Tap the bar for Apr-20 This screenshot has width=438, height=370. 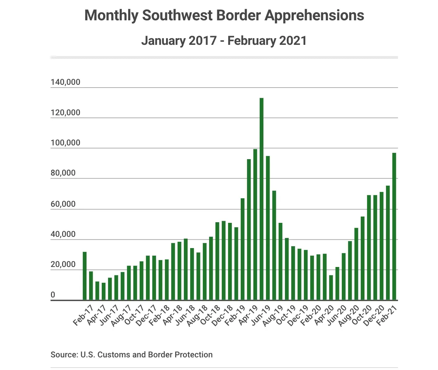coord(331,287)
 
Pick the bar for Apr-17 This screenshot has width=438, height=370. coord(97,290)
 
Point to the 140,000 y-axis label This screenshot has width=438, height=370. coord(65,82)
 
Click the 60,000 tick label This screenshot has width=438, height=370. coord(63,204)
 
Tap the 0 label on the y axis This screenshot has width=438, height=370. coord(53,295)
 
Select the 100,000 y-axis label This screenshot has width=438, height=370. coord(65,143)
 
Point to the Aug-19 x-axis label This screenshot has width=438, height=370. coord(273,316)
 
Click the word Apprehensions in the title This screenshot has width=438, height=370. coord(314,15)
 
